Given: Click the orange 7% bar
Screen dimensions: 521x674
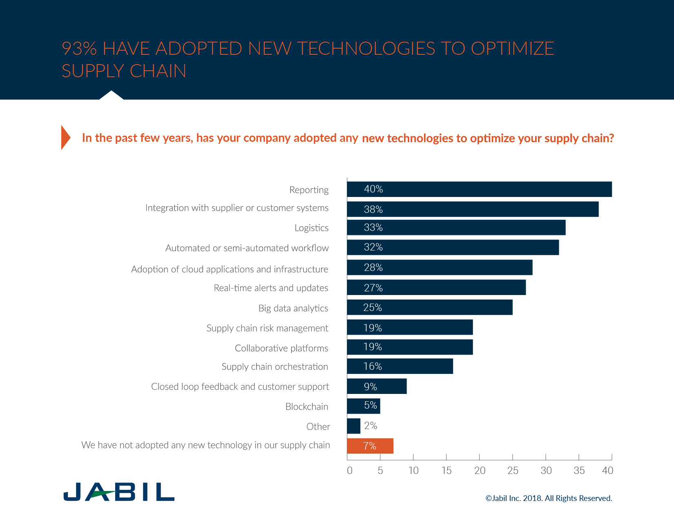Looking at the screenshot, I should click(x=370, y=446).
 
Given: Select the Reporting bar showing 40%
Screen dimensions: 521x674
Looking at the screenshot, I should click(x=479, y=189).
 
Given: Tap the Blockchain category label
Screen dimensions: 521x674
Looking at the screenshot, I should click(x=307, y=407).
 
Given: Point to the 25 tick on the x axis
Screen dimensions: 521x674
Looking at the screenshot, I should click(x=513, y=470).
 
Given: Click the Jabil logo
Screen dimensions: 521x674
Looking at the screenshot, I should click(x=119, y=492).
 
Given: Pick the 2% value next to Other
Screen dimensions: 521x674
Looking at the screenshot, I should click(x=370, y=426).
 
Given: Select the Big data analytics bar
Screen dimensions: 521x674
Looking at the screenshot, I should click(x=430, y=307).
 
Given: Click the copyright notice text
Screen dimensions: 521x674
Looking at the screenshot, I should click(x=549, y=498).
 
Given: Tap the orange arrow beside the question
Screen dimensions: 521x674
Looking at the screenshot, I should click(x=66, y=138).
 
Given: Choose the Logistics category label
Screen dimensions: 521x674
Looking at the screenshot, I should click(x=311, y=228).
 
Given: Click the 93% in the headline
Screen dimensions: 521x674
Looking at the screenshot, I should click(x=79, y=49).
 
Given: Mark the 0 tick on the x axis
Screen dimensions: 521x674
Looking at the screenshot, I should click(x=350, y=470).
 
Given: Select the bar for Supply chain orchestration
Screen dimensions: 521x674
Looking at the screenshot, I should click(x=400, y=366).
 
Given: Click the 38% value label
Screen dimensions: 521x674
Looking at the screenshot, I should click(x=373, y=210).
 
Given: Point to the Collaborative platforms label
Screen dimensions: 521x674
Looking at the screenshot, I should click(x=281, y=348).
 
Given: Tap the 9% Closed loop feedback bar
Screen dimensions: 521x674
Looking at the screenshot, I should click(x=377, y=386).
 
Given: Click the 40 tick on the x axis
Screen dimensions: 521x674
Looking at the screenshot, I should click(x=607, y=470).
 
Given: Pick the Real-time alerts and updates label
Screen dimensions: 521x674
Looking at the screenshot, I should click(x=271, y=288).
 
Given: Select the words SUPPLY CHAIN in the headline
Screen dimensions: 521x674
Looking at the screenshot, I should click(x=124, y=71).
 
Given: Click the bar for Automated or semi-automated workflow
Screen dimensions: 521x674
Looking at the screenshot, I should click(x=453, y=247).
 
